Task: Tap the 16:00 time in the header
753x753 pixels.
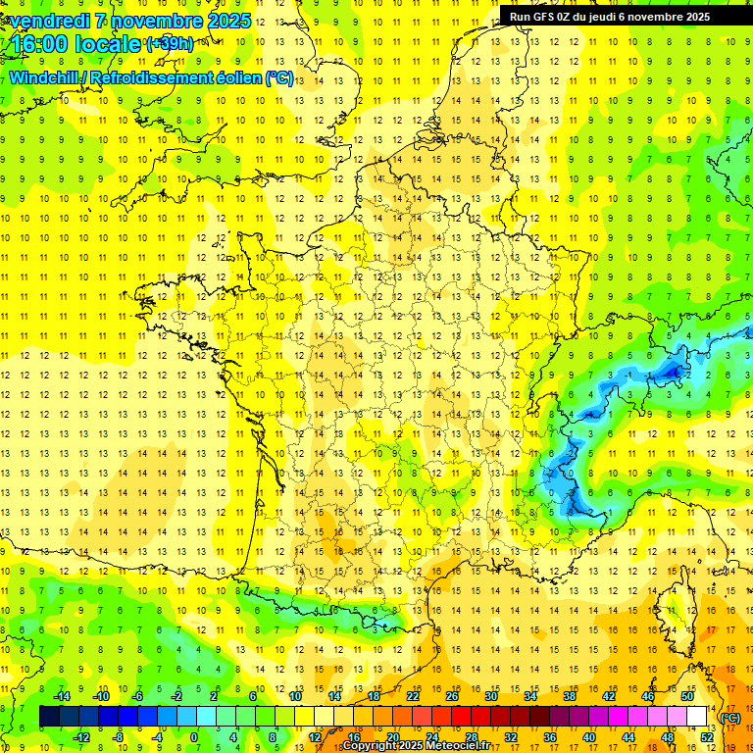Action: coord(40,44)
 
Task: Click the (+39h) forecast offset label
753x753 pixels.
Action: coord(170,44)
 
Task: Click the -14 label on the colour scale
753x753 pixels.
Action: coord(62,696)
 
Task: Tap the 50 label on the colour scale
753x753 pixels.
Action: coord(686,696)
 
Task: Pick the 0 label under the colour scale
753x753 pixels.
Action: coord(194,736)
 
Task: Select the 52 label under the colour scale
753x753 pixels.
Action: coord(707,736)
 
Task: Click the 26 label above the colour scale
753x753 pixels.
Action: coord(452,696)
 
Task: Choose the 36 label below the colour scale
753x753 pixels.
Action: coord(550,736)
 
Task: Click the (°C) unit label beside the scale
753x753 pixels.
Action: coord(730,718)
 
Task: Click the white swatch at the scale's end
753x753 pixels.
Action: coord(697,717)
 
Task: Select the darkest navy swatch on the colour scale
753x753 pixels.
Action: coord(49,717)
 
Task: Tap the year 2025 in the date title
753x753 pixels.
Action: coord(228,21)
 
